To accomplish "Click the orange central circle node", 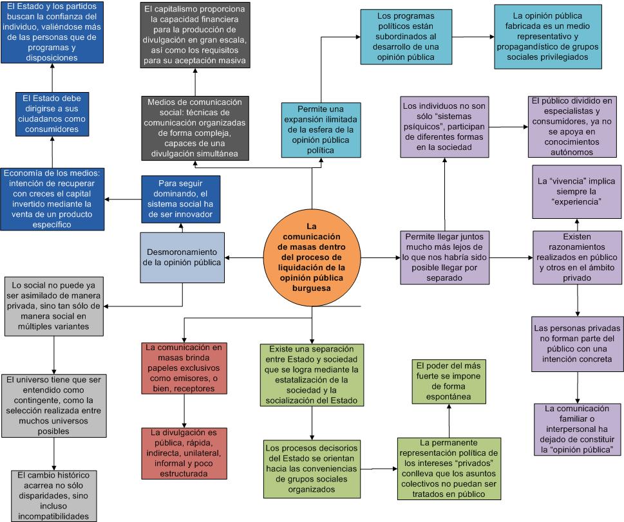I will (312, 257).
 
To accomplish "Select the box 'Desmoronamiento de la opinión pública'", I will (182, 257).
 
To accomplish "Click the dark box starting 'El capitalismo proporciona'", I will (194, 35).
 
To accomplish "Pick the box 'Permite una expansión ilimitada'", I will (311, 129).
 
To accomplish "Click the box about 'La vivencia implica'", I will (578, 191).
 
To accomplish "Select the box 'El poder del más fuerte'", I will (449, 381).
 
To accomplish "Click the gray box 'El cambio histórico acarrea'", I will (54, 495).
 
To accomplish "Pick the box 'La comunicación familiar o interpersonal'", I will (577, 429).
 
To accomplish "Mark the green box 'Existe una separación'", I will (312, 375).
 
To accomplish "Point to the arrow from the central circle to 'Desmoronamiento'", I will (245, 258).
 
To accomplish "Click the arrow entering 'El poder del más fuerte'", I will (449, 420).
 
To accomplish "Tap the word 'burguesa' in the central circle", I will (311, 289).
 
